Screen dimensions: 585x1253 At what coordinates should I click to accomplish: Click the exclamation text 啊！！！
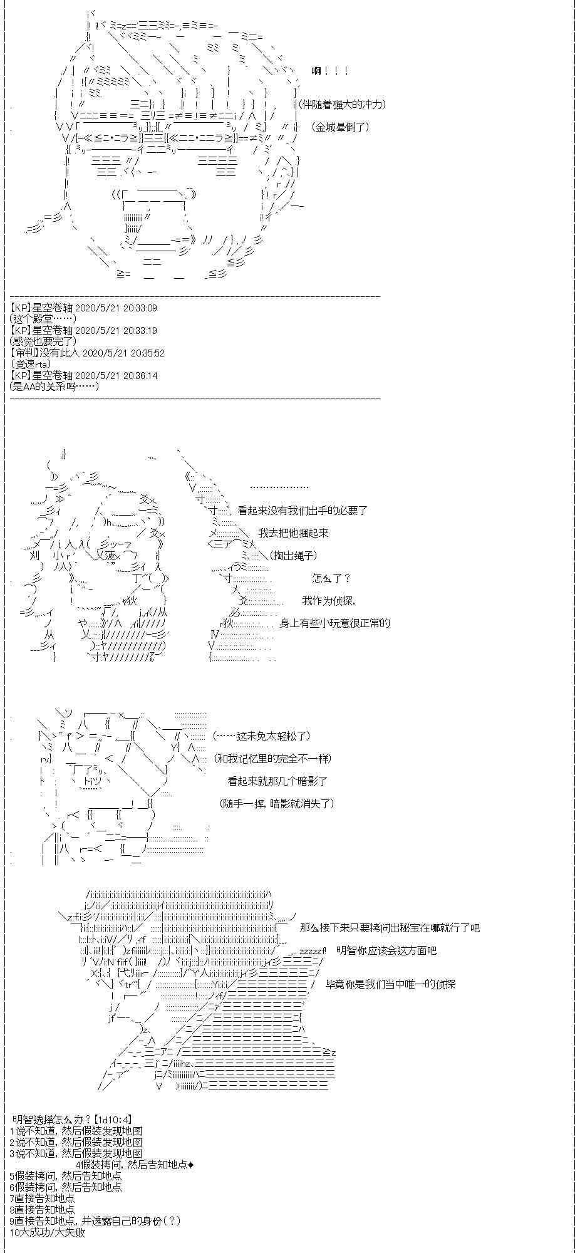pyautogui.click(x=329, y=71)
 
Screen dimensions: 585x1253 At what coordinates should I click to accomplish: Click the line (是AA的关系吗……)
pyautogui.click(x=54, y=387)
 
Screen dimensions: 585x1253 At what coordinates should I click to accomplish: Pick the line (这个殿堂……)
pyautogui.click(x=43, y=320)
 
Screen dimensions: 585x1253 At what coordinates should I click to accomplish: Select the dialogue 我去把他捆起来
pyautogui.click(x=293, y=533)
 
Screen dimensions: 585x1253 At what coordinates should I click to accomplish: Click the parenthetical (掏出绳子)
pyautogui.click(x=294, y=556)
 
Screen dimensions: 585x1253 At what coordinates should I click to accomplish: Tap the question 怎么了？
pyautogui.click(x=331, y=578)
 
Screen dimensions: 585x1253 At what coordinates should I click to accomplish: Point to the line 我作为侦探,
pyautogui.click(x=329, y=601)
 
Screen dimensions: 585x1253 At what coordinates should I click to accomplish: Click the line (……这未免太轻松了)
pyautogui.click(x=261, y=736)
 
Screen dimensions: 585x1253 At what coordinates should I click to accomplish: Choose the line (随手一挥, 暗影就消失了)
pyautogui.click(x=277, y=804)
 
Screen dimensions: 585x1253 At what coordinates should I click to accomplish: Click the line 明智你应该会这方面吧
pyautogui.click(x=386, y=950)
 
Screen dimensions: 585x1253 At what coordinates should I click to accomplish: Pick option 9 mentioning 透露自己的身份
pyautogui.click(x=95, y=1221)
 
